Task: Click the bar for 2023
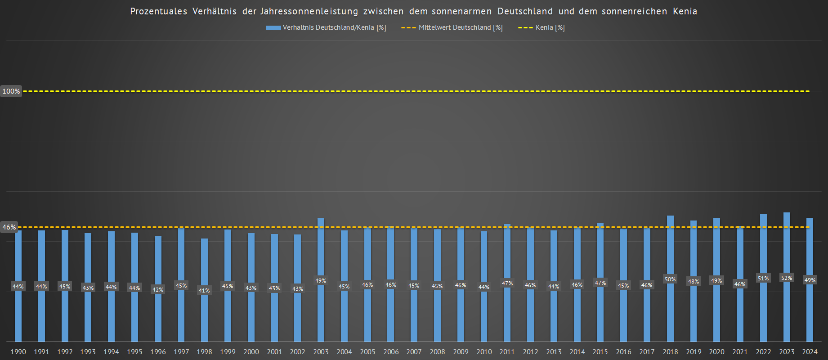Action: pyautogui.click(x=787, y=310)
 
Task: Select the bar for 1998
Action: pyautogui.click(x=204, y=315)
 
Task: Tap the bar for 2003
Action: pyautogui.click(x=321, y=310)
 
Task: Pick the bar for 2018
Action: pyautogui.click(x=670, y=310)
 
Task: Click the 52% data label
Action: pyautogui.click(x=787, y=278)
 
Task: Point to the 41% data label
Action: pyautogui.click(x=204, y=291)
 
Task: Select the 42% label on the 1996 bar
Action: pyautogui.click(x=158, y=290)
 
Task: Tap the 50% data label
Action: pyautogui.click(x=670, y=279)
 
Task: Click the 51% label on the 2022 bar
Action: pyautogui.click(x=763, y=279)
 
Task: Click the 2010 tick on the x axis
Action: pyautogui.click(x=484, y=352)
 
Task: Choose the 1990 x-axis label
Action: pyautogui.click(x=18, y=352)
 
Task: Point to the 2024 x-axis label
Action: pyautogui.click(x=810, y=352)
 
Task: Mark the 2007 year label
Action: pyautogui.click(x=414, y=352)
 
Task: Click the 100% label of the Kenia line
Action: pyautogui.click(x=11, y=91)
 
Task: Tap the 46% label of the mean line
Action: pyautogui.click(x=9, y=227)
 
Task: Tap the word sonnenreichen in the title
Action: pyautogui.click(x=634, y=11)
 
